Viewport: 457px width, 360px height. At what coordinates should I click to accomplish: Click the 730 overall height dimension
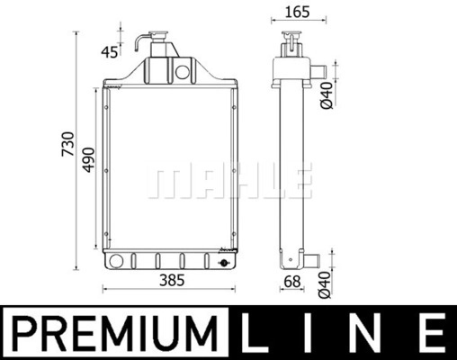tap(67, 144)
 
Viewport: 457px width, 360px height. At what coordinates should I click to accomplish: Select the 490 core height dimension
tap(89, 160)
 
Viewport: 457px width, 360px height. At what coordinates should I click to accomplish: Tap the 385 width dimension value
tap(172, 281)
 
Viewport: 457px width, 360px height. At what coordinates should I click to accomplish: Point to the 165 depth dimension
tap(297, 12)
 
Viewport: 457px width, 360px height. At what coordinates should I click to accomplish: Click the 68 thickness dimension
tap(291, 282)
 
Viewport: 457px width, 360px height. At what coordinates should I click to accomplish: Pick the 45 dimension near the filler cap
tap(110, 52)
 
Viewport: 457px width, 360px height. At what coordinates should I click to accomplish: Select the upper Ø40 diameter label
tap(327, 95)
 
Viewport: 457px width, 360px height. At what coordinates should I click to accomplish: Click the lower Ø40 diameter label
tap(325, 285)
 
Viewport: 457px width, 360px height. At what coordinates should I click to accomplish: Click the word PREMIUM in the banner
tap(115, 333)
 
